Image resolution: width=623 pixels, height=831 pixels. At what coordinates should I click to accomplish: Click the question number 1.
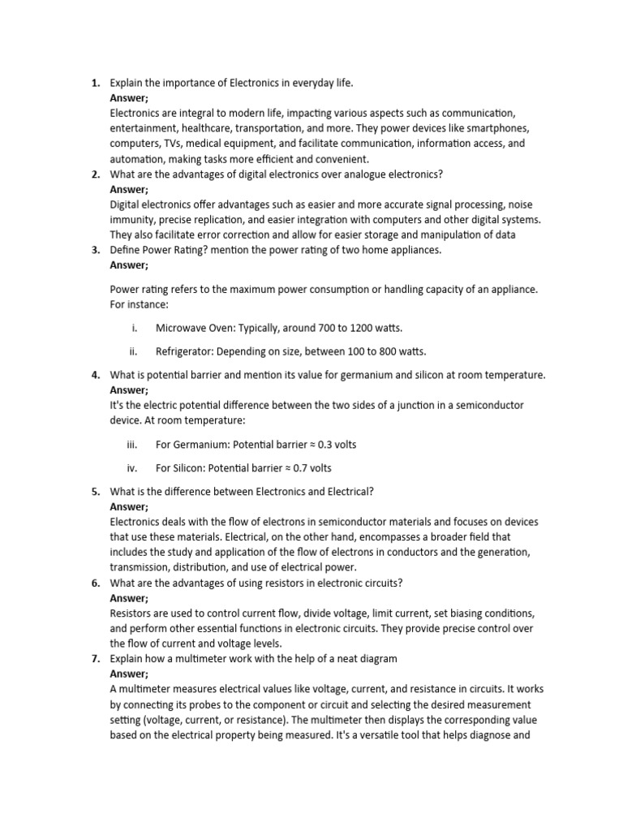pos(95,83)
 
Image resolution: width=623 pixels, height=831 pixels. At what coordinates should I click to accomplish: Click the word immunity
pos(132,220)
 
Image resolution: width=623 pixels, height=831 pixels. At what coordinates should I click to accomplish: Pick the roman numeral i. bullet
pos(133,328)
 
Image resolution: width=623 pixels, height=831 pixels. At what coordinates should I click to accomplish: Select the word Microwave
pos(182,328)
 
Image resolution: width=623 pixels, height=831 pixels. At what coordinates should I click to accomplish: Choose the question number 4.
pos(95,374)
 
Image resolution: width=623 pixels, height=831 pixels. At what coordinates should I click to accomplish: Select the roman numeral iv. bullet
pos(133,468)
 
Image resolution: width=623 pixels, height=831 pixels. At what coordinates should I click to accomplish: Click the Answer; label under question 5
pos(129,506)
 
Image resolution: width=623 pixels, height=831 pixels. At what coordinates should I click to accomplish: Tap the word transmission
pos(144,567)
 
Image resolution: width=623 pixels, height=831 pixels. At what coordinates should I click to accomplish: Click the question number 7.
pos(95,658)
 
